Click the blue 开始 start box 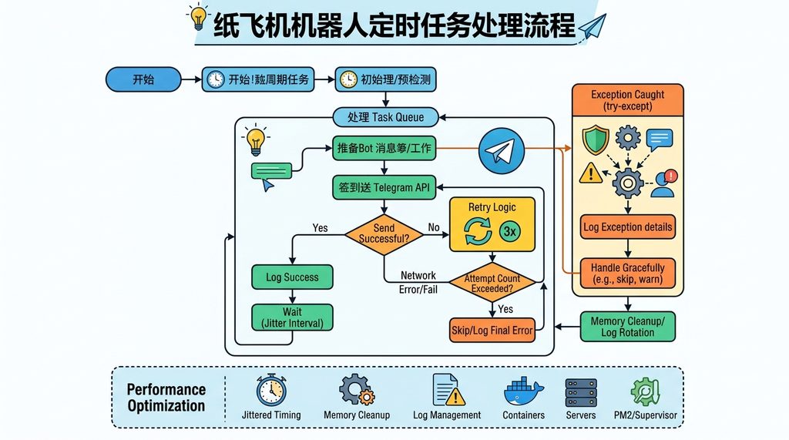point(143,79)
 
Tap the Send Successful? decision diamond point(384,233)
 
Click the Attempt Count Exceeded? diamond point(492,283)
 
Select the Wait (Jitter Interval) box point(292,317)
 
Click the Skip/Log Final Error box point(492,331)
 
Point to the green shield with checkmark point(596,139)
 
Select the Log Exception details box point(627,227)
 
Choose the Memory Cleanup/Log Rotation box point(627,327)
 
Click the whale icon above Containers point(524,392)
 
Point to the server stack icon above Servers point(580,392)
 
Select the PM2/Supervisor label point(646,415)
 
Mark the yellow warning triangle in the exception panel point(590,173)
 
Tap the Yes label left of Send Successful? point(321,228)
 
